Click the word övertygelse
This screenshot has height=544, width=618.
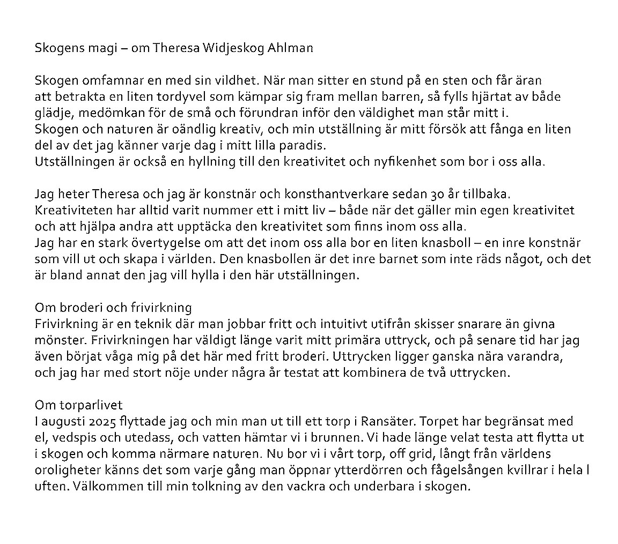click(x=138, y=243)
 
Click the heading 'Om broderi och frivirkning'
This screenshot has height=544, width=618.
click(x=113, y=308)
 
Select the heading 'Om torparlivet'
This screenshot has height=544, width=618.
click(x=79, y=405)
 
